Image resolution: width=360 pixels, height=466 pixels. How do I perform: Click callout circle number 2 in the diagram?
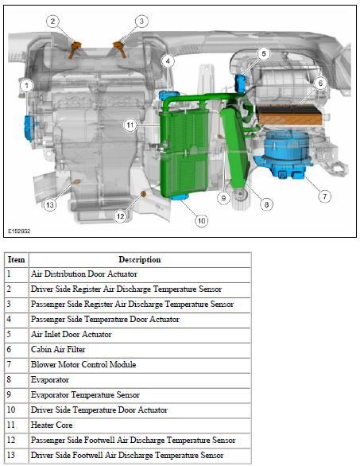52,21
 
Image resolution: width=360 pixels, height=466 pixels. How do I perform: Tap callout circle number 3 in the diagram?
141,21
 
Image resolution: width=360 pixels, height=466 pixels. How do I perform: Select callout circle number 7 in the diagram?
324,195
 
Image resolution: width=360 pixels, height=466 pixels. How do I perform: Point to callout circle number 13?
50,205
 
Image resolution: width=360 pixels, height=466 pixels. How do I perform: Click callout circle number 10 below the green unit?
201,220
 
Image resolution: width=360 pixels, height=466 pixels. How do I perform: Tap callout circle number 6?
320,83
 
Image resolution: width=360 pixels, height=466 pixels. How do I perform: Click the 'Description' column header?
139,259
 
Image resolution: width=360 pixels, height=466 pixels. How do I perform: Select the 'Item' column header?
17,259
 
